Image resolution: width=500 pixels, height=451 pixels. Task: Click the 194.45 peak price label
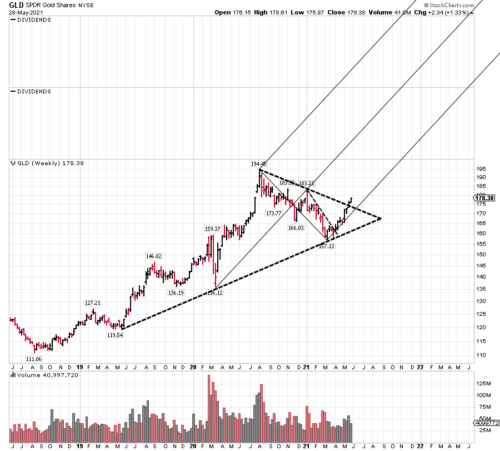coord(259,164)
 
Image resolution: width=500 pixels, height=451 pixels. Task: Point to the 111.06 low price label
coord(34,360)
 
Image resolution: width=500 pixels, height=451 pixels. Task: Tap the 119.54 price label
coord(114,335)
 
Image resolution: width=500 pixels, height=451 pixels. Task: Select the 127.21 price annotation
coord(92,303)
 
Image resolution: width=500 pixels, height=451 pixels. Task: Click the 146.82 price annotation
coord(153,256)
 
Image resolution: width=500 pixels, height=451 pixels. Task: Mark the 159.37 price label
coord(213,229)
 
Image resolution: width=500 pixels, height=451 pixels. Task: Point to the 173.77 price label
coord(273,213)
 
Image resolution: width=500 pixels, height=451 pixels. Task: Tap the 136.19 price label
coord(176,293)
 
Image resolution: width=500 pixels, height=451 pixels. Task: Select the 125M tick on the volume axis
coord(486,384)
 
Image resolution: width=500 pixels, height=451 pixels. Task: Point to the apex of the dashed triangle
coord(382,218)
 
